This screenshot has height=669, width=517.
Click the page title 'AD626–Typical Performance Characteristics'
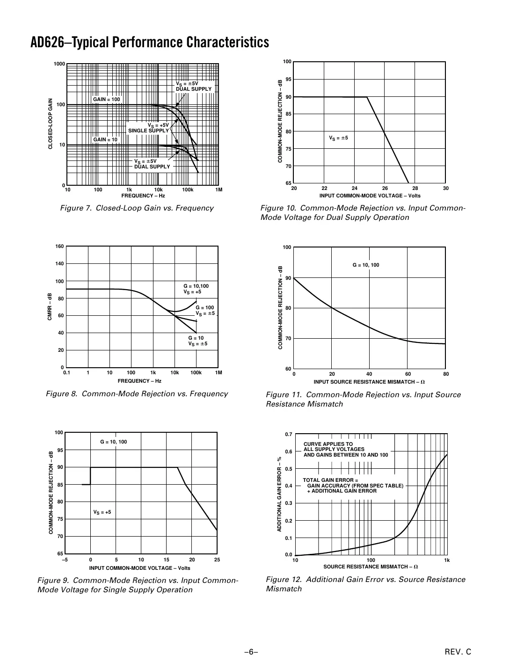coord(149,43)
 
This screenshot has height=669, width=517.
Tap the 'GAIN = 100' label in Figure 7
coord(106,99)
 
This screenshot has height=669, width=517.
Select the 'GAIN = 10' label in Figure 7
coord(105,139)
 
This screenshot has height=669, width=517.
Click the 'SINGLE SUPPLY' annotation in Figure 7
coord(148,131)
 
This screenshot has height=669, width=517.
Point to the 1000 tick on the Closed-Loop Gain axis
coord(59,64)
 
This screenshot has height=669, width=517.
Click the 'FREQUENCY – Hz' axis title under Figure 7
coord(143,196)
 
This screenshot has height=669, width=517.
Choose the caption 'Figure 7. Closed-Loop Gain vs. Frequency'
coord(137,208)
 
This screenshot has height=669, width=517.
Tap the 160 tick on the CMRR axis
coord(59,246)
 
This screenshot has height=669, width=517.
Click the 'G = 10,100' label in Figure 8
coord(196,286)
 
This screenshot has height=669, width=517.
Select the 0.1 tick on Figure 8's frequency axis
coord(66,373)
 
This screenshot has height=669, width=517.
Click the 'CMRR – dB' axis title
coord(49,307)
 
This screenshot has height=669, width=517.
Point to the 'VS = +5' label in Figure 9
coord(102,512)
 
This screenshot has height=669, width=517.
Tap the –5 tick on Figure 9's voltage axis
coord(65,560)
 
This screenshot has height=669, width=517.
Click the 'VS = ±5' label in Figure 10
coord(338,138)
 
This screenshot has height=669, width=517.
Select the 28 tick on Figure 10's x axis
coord(415,188)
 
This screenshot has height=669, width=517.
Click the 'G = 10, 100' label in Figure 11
coord(366,265)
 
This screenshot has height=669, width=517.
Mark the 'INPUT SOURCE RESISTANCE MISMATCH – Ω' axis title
coord(369,382)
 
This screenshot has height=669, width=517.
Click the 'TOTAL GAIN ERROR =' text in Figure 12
coord(330,480)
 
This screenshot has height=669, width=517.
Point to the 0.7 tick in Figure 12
coord(289,435)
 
